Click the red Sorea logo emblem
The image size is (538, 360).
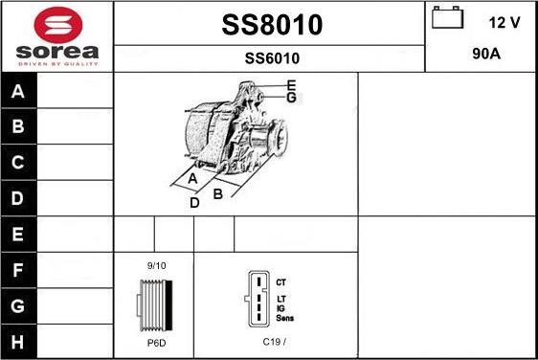[58, 25]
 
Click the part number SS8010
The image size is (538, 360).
[272, 25]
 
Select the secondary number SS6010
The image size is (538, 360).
[272, 58]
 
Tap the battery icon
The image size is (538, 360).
[447, 17]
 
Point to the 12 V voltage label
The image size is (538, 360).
[504, 23]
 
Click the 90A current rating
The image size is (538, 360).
[486, 54]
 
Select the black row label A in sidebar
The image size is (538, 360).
[18, 91]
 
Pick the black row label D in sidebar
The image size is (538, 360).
[18, 198]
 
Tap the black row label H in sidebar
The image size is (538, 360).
[18, 342]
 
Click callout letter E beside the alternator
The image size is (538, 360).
[291, 85]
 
